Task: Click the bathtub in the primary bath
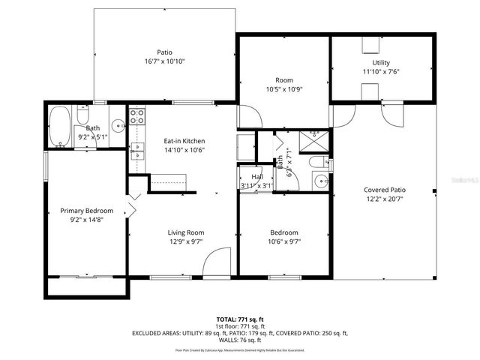click(60, 120)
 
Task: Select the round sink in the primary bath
click(117, 125)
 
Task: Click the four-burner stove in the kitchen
click(138, 116)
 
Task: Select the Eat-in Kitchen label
click(184, 141)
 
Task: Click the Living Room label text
click(185, 232)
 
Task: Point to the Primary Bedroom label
click(87, 211)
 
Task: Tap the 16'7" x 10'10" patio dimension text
click(165, 61)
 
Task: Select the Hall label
click(257, 177)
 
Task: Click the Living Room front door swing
click(217, 261)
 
